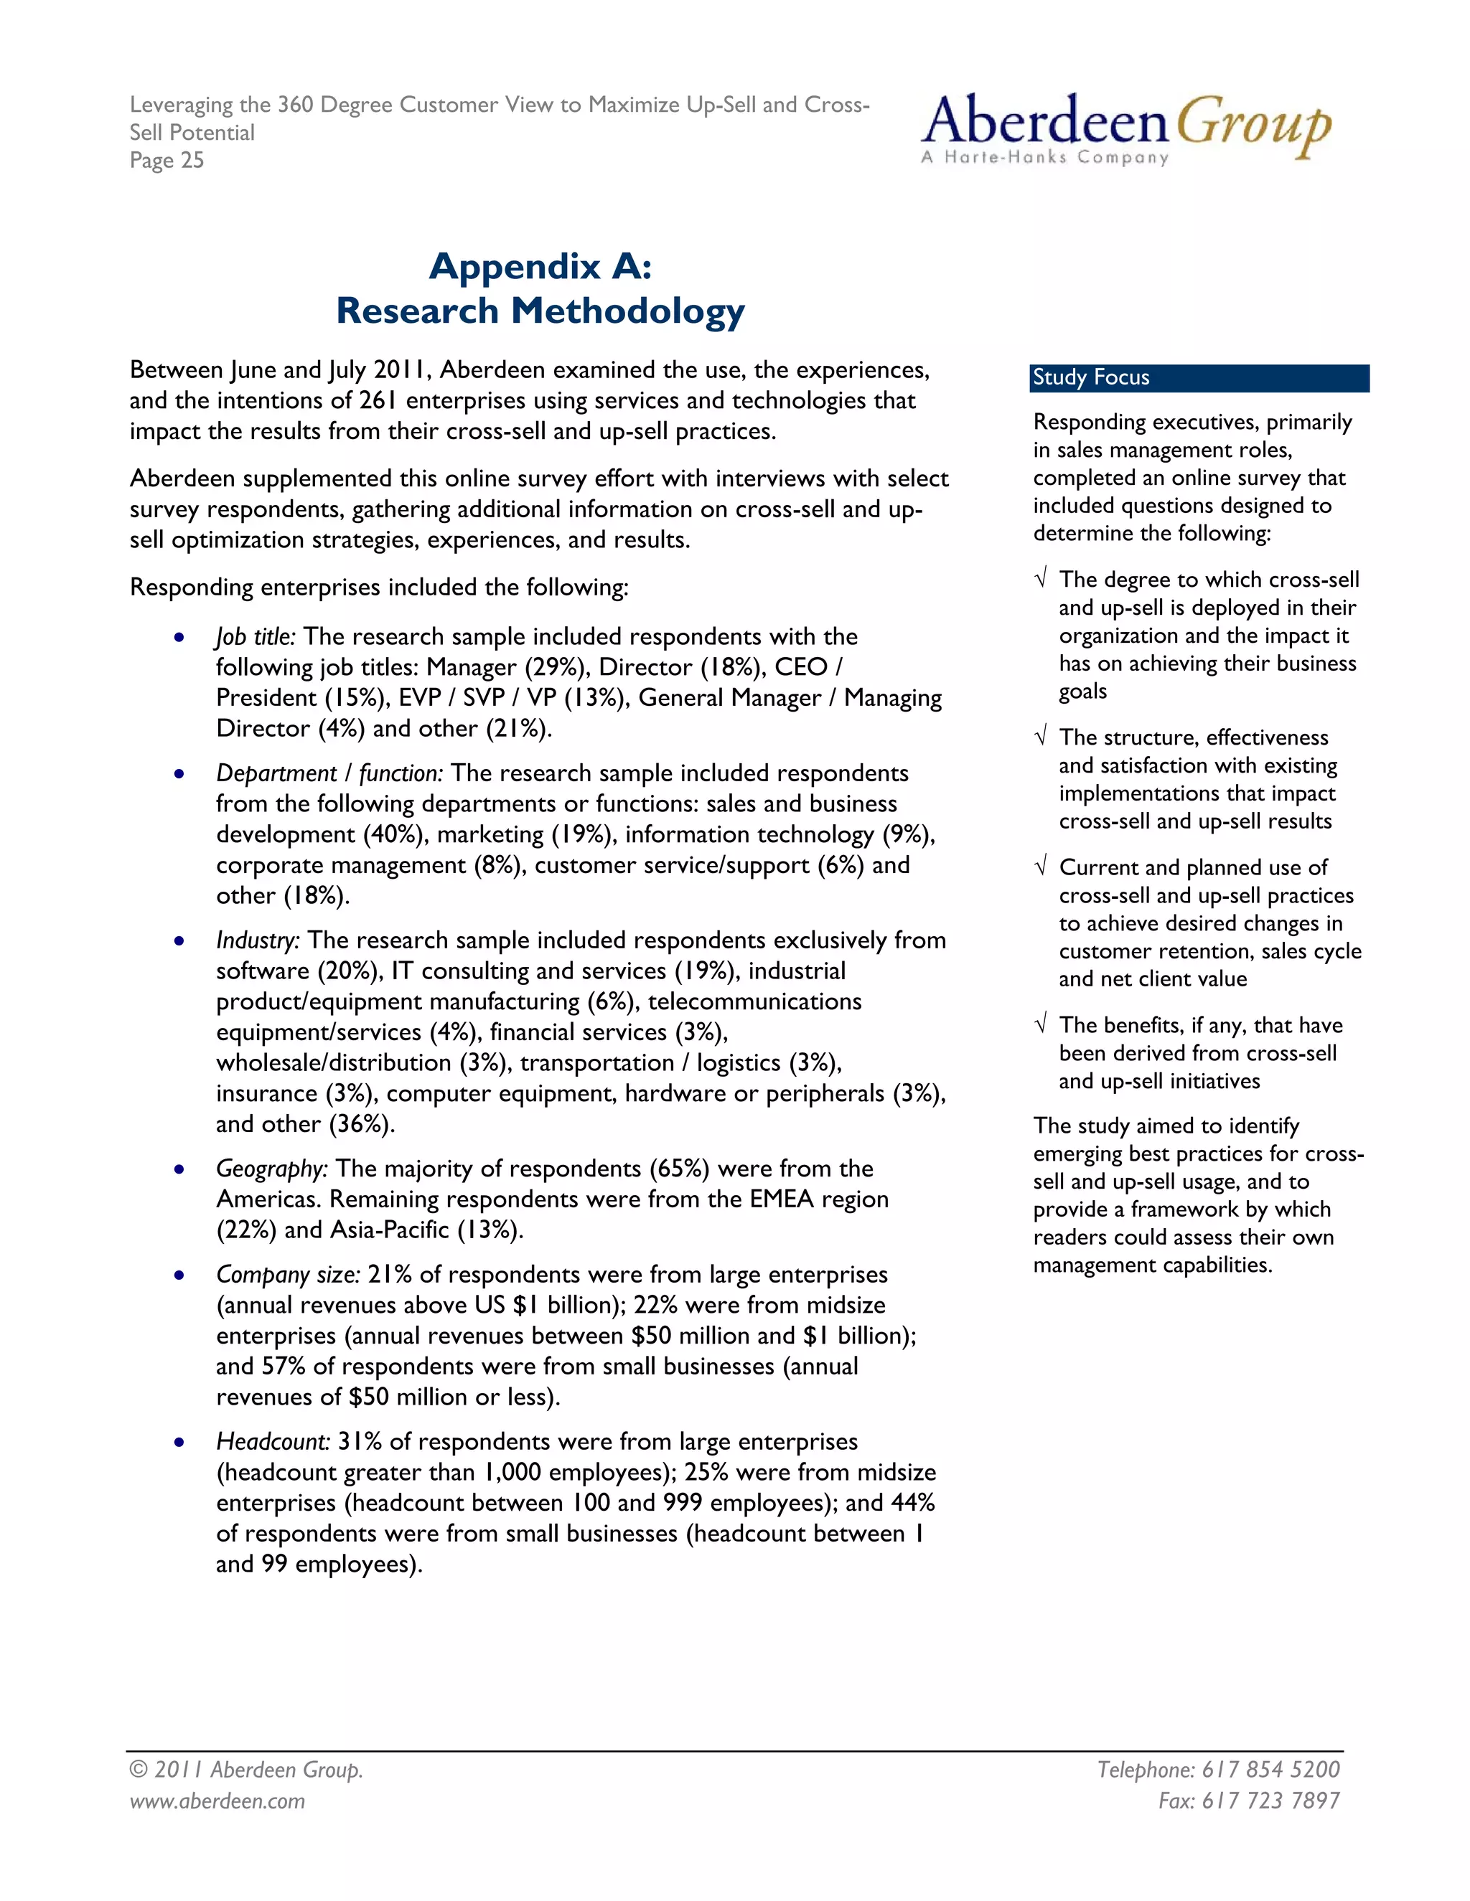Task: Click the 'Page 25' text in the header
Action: point(167,160)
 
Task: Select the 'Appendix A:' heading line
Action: point(540,265)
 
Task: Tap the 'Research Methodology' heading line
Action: point(540,311)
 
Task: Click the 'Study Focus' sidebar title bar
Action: point(1198,378)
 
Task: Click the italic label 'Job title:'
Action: point(255,637)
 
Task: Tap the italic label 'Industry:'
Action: point(258,941)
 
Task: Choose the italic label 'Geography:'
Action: point(272,1169)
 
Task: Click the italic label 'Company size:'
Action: point(287,1275)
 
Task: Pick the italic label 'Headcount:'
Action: point(273,1443)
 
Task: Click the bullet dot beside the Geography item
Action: point(179,1170)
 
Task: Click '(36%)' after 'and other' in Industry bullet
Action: point(362,1125)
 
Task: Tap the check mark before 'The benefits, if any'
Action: point(1041,1025)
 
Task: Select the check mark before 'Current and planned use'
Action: point(1041,868)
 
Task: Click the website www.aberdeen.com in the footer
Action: point(217,1801)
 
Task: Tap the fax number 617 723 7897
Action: point(1270,1801)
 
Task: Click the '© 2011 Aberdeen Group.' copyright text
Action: point(245,1770)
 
